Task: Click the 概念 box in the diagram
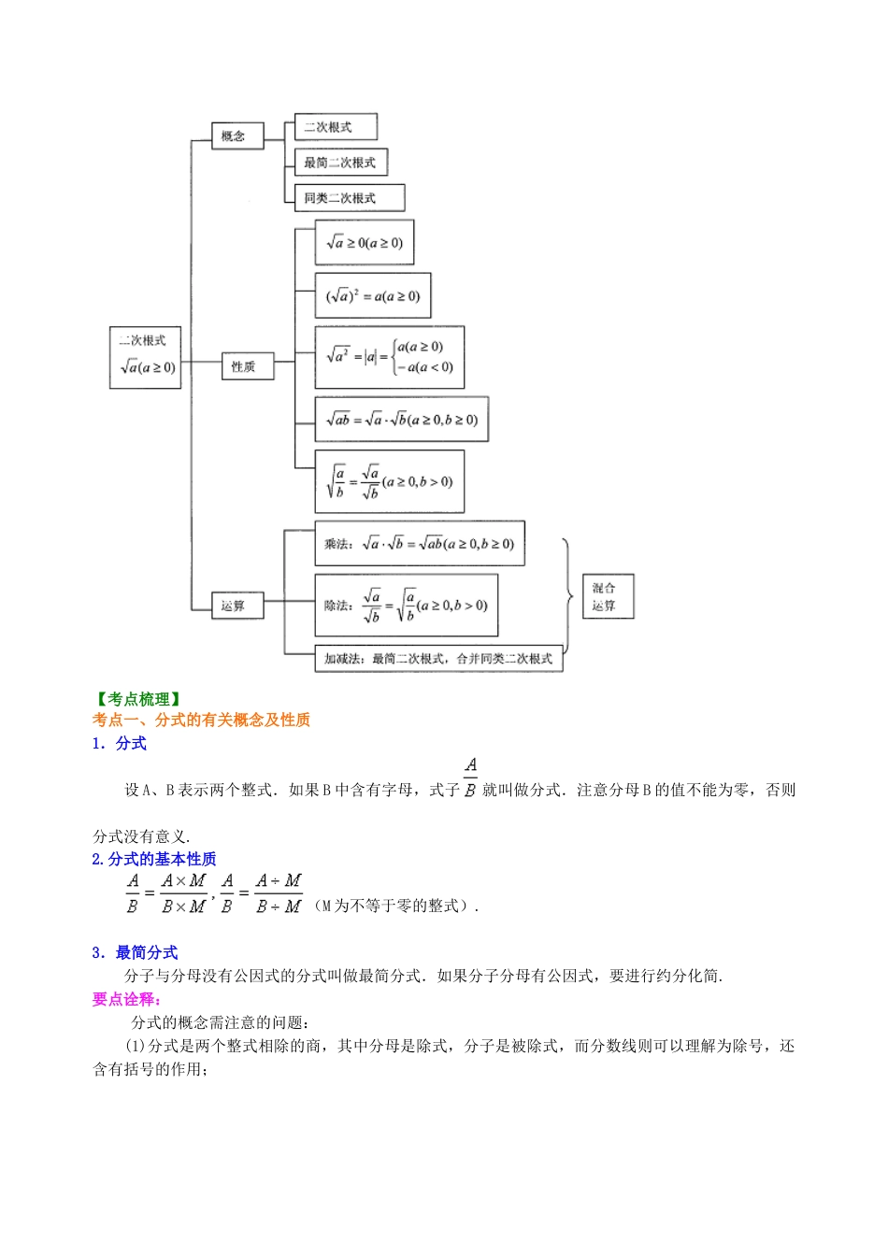click(237, 136)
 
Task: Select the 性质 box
click(247, 366)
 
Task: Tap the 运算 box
click(237, 606)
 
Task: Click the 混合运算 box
click(608, 596)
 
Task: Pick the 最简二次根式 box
click(340, 163)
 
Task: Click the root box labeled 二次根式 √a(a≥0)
click(145, 357)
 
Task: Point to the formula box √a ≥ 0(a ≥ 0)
click(365, 243)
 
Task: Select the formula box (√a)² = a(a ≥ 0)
click(373, 296)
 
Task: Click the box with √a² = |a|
click(389, 357)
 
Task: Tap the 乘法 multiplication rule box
click(420, 544)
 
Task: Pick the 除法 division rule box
click(406, 606)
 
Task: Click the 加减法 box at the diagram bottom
click(438, 659)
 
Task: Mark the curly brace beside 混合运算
click(567, 595)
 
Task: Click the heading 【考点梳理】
click(138, 699)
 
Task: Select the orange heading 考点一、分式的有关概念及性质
click(201, 720)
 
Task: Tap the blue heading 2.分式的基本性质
click(154, 859)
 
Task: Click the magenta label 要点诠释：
click(127, 999)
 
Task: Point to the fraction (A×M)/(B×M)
click(183, 893)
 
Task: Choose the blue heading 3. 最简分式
click(136, 952)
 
